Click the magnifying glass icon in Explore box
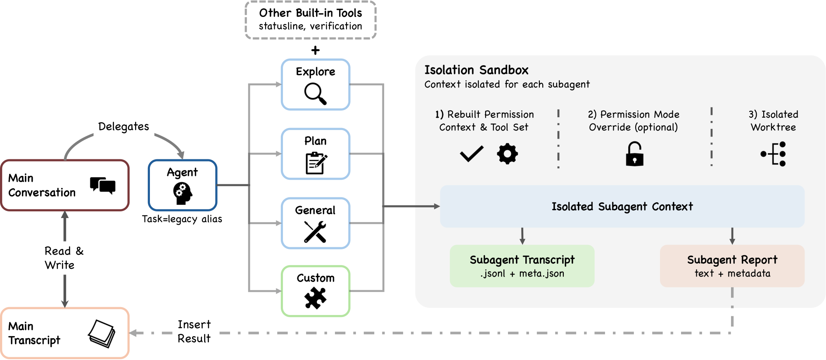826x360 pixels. (315, 93)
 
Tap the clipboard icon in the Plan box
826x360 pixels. (316, 163)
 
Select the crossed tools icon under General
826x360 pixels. (315, 232)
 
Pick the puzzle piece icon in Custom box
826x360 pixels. (315, 298)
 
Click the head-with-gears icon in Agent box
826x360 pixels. (183, 193)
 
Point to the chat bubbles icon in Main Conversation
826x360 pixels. (102, 185)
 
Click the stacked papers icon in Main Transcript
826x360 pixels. (102, 334)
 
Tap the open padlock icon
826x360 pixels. (634, 154)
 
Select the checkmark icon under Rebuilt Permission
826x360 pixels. (471, 154)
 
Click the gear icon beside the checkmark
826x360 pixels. (507, 154)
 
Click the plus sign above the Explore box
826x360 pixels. (316, 50)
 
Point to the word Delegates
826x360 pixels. (123, 126)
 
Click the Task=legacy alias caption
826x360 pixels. (182, 219)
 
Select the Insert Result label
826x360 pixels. (194, 332)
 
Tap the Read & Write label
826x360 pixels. (64, 258)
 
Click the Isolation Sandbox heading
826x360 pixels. (476, 70)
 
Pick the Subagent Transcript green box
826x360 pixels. (522, 266)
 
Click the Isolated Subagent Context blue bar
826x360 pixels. (622, 206)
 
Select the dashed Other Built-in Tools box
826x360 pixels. (311, 20)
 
